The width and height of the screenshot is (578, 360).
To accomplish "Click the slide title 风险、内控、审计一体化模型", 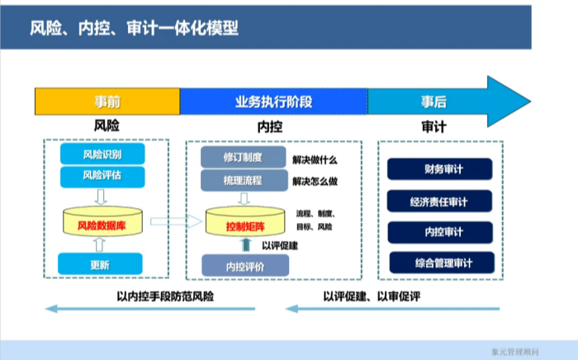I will pos(134,29).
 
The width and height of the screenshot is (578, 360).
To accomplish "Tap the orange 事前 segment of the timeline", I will pos(107,102).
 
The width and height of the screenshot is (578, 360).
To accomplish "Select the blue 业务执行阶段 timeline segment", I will pos(273,102).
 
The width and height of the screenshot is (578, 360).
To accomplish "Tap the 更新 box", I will pos(100,265).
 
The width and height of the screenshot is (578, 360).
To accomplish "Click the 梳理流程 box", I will pos(242,181).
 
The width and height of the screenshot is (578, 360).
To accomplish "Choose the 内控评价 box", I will pos(245,266).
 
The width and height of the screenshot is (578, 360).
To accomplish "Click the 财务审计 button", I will pos(442,170).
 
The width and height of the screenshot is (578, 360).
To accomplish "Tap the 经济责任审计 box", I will pos(442,201).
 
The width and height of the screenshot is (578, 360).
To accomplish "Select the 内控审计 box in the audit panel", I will pos(442,232).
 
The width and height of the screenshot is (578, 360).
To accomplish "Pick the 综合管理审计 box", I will pos(442,263).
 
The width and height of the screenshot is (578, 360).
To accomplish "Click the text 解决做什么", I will pos(315,159).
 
